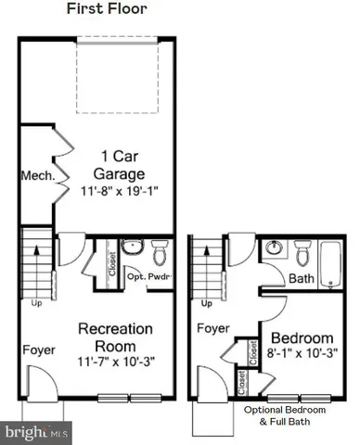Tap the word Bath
pyautogui.click(x=302, y=278)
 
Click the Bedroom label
pyautogui.click(x=301, y=335)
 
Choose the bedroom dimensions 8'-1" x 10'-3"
pyautogui.click(x=301, y=352)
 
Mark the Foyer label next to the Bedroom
pyautogui.click(x=212, y=327)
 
